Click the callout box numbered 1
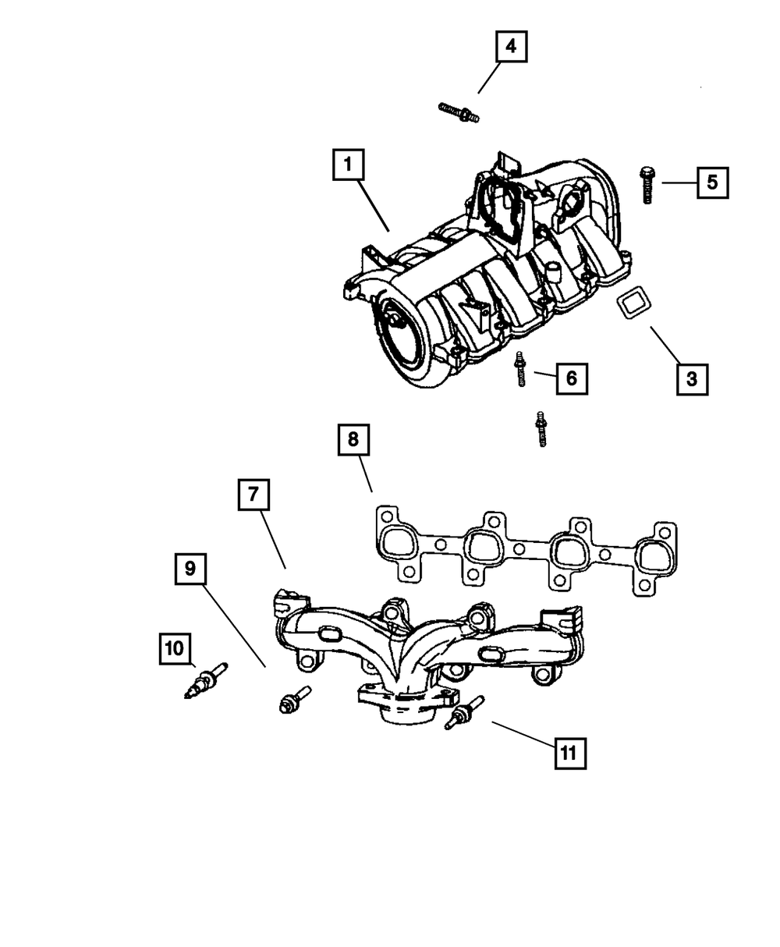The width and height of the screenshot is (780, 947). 348,165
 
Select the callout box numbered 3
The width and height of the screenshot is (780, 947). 692,380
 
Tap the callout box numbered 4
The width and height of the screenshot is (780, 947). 511,46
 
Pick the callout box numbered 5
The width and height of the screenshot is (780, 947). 712,183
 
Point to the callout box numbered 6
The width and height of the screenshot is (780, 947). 571,378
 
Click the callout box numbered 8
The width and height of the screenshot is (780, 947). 353,440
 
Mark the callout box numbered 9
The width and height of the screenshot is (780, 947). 189,569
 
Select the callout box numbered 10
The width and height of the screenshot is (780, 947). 175,647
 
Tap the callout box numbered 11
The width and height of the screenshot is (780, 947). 569,753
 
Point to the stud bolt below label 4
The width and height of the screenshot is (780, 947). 459,112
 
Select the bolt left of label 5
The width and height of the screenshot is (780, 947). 646,185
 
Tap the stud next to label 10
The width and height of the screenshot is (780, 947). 207,679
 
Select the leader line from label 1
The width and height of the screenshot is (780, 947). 375,204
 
